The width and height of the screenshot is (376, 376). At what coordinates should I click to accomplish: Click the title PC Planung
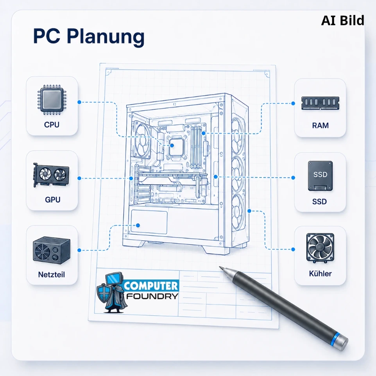[89, 36]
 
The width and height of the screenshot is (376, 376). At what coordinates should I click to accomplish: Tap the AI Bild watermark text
[342, 21]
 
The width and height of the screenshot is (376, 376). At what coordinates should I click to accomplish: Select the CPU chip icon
[52, 100]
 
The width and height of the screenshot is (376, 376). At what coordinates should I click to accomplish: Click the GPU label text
[52, 199]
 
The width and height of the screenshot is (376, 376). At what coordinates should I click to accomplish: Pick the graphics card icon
[51, 175]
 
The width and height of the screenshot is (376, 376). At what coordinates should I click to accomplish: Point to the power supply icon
[52, 251]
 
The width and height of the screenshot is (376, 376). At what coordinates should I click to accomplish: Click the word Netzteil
[52, 274]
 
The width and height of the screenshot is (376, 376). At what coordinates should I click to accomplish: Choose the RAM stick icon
[320, 103]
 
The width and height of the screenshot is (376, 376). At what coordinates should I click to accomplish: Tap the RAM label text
[320, 125]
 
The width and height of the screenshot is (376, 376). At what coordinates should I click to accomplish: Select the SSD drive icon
[320, 176]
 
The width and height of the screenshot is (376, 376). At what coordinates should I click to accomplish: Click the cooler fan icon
[320, 248]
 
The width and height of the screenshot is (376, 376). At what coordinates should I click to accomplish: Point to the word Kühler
[320, 274]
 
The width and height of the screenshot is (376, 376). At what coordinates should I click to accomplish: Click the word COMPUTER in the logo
[151, 286]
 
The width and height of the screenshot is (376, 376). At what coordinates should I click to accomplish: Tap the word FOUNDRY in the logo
[152, 296]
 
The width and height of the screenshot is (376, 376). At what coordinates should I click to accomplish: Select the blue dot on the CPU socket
[172, 145]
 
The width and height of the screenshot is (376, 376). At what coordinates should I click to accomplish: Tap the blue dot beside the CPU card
[79, 102]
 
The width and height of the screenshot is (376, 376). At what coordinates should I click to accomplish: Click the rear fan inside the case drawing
[143, 140]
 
